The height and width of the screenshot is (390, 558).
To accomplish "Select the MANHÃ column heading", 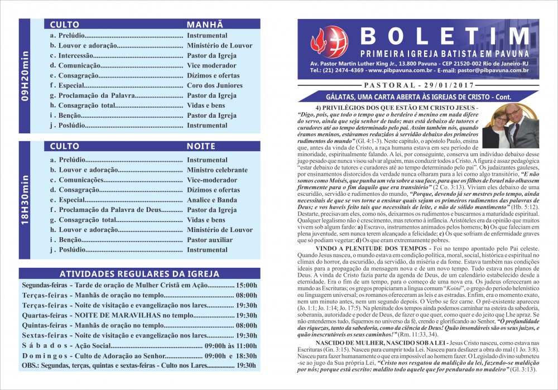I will (205, 25).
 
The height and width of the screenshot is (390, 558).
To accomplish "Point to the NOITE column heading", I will (201, 146).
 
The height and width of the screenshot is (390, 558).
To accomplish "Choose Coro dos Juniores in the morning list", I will (214, 85).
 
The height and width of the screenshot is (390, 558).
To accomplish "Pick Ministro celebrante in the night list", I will (217, 170).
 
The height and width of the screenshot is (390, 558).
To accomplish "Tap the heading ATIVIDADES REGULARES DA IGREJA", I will (139, 273).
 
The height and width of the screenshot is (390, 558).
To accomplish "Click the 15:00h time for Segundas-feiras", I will (246, 285).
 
